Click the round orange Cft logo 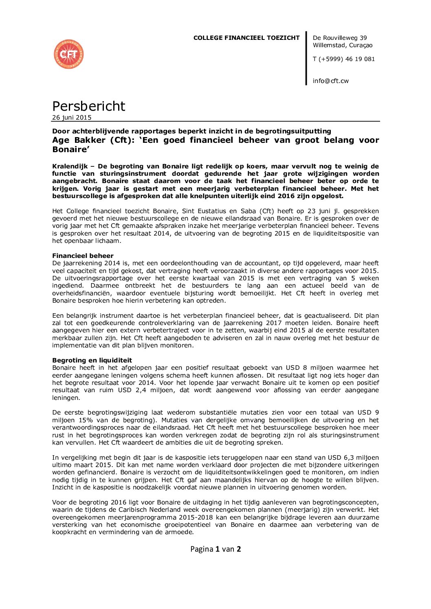tap(68, 54)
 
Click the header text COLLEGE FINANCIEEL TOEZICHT tap(246, 38)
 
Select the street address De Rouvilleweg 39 tap(340, 38)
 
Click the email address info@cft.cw tap(330, 81)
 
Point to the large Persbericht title tap(88, 106)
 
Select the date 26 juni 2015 tap(72, 118)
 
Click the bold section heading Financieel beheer tap(83, 256)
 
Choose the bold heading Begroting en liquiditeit tap(92, 360)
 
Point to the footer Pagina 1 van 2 tap(215, 549)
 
